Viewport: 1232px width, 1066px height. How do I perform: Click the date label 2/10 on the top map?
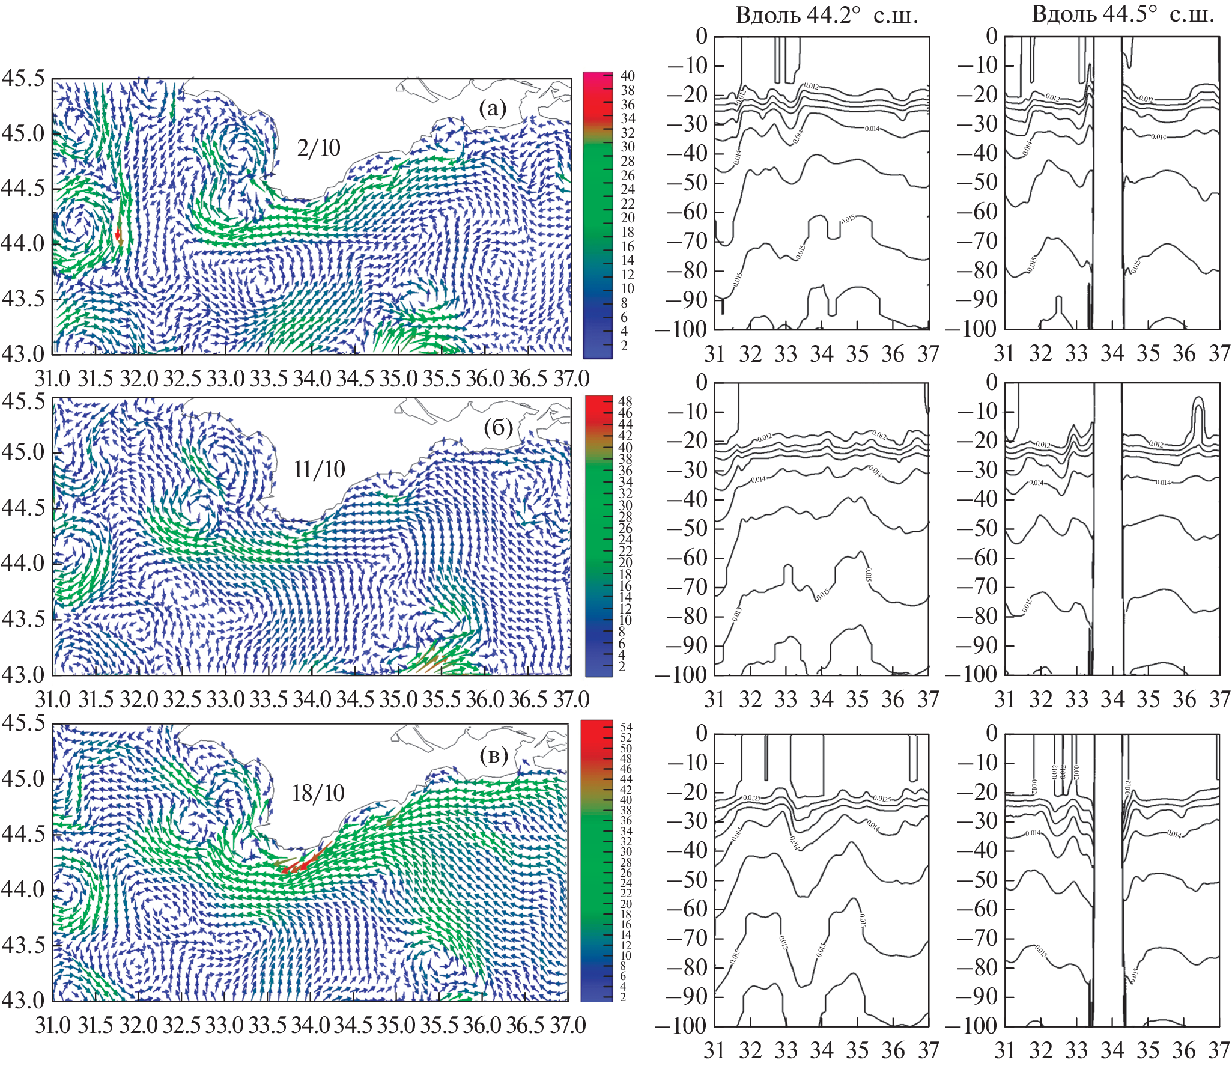(318, 148)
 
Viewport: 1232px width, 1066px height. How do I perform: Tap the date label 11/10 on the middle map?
(319, 469)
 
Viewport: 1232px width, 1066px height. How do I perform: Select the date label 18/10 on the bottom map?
(318, 793)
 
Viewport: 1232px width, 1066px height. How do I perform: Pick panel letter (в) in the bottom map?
(494, 755)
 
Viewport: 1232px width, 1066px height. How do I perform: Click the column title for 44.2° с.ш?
(827, 15)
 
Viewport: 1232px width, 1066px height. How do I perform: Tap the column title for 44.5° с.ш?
(1123, 14)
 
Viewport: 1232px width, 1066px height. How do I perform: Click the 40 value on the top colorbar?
(627, 76)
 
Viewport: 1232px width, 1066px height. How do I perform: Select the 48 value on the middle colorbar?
(625, 401)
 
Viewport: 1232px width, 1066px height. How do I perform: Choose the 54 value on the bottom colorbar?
(626, 728)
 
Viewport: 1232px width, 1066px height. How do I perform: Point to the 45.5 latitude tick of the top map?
(23, 78)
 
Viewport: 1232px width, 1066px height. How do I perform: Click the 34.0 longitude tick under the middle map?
(312, 699)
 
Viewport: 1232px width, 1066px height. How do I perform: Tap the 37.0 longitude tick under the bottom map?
(568, 1025)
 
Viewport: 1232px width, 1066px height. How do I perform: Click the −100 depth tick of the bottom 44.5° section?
(971, 1025)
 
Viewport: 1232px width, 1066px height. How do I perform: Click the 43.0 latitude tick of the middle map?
(23, 674)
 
